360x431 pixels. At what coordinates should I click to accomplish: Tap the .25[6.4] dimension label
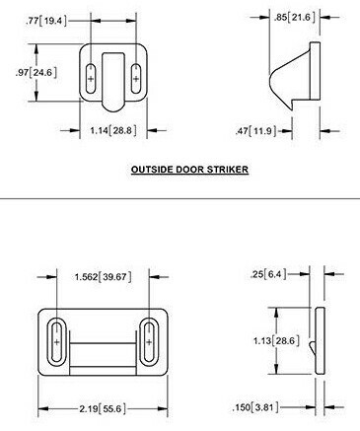tap(269, 273)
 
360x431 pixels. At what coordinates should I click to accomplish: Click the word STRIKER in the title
tap(225, 170)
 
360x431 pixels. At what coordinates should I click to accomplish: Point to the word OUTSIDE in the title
tap(153, 170)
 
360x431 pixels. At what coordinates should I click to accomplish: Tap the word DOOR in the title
tap(190, 170)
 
